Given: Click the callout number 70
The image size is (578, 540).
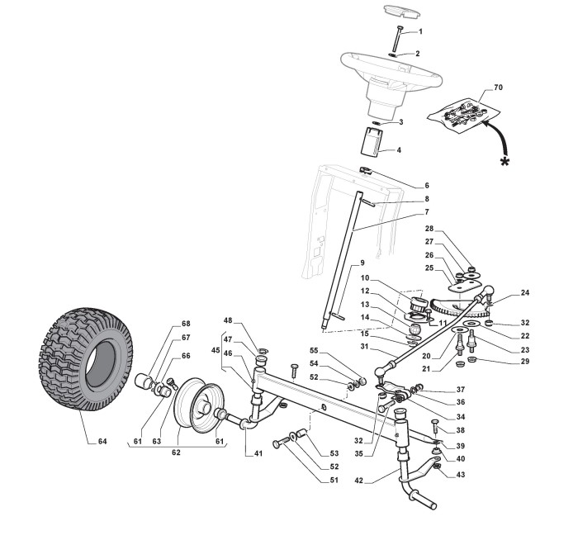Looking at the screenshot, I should [x=498, y=87].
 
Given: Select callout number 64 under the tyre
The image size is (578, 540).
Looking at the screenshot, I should [x=102, y=442].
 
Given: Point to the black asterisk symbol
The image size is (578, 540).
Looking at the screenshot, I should [x=505, y=160].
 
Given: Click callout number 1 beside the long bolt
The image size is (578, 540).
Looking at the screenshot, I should [x=419, y=31].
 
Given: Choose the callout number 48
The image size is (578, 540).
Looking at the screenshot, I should [x=229, y=320].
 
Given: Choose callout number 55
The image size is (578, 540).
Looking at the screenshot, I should [x=336, y=350].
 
